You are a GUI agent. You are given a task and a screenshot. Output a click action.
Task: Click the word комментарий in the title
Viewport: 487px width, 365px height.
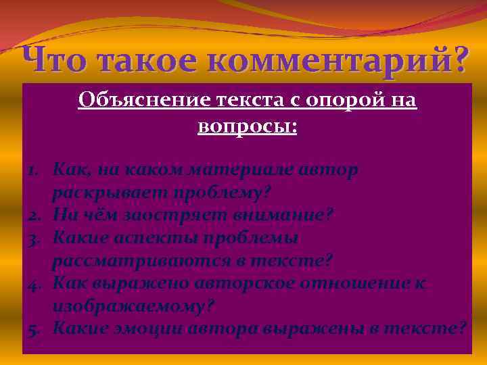pyautogui.click(x=315, y=62)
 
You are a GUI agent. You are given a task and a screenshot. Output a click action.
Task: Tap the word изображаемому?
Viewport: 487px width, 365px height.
pyautogui.click(x=133, y=306)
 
